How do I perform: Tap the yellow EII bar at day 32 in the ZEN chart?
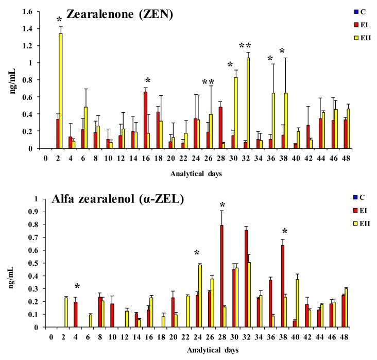pyautogui.click(x=248, y=103)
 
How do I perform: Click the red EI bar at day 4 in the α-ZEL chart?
pyautogui.click(x=75, y=314)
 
